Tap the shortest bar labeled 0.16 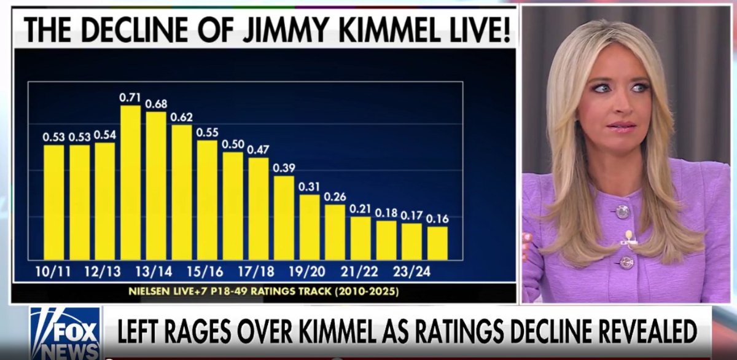click(x=437, y=243)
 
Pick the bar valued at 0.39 click(x=284, y=217)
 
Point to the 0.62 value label click(x=181, y=117)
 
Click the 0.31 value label click(x=310, y=186)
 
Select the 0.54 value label click(x=104, y=135)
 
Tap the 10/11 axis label click(x=53, y=271)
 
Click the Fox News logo click(x=64, y=332)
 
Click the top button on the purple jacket click(x=622, y=211)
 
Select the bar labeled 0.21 click(x=361, y=238)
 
